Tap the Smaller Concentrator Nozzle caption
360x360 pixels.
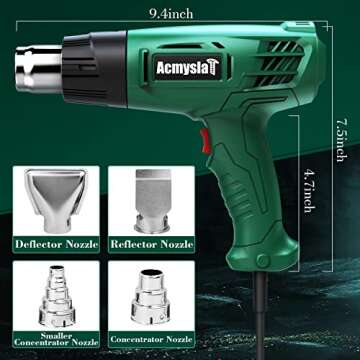pos(56,339)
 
